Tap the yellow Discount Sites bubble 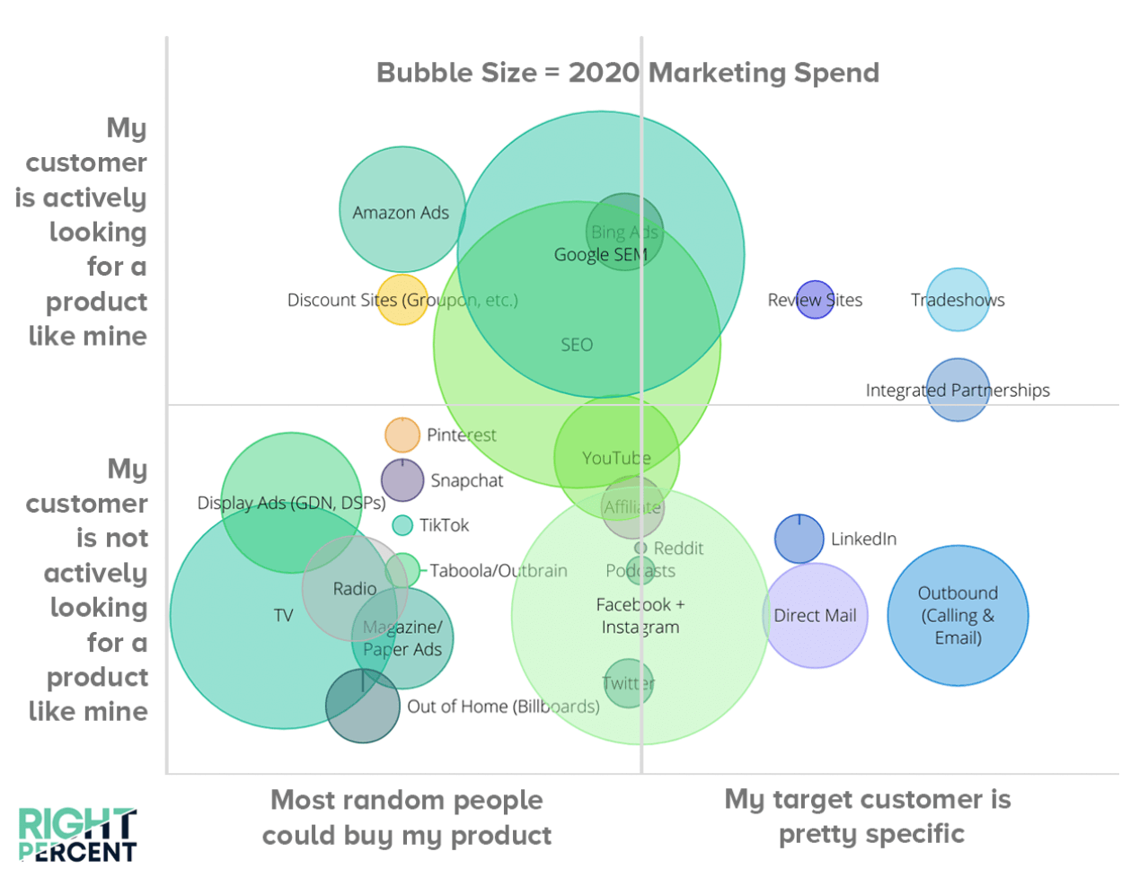402,300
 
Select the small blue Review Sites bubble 815,300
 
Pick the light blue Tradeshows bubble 958,300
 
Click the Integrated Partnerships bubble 958,390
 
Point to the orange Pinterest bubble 402,435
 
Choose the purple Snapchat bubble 402,480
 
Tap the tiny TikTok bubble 402,525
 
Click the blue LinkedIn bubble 799,539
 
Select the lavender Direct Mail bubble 815,616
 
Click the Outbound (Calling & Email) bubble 958,616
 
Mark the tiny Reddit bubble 640,548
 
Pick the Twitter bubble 628,683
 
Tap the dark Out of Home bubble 362,706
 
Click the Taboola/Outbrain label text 498,571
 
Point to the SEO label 577,345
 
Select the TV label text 283,616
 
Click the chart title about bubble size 627,73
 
